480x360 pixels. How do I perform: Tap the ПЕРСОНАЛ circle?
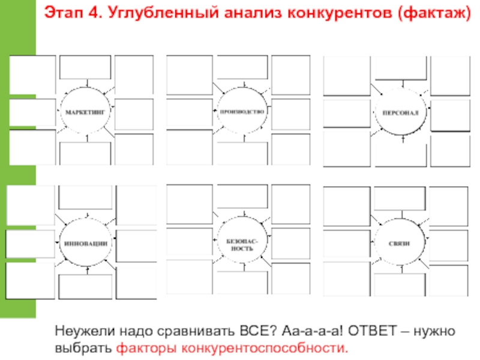[x=401, y=112]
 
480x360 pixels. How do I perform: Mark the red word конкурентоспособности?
[x=259, y=348]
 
